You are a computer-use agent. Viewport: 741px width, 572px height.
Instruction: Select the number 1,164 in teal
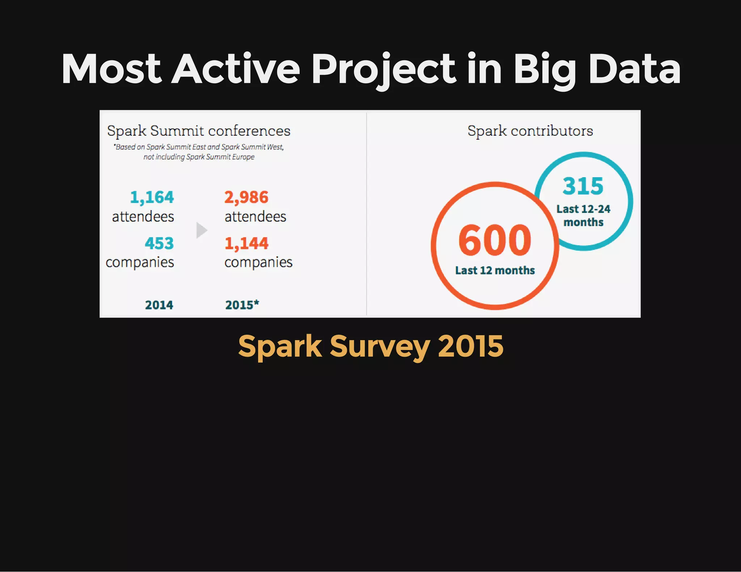point(152,197)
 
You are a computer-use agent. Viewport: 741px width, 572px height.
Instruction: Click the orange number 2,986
point(246,197)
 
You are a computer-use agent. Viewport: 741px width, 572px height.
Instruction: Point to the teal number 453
point(159,243)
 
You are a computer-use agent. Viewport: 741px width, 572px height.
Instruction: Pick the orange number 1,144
point(246,243)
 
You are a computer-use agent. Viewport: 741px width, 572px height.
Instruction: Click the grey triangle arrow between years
point(201,230)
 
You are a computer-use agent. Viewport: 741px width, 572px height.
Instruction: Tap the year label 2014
point(159,305)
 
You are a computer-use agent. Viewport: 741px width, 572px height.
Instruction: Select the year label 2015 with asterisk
point(242,305)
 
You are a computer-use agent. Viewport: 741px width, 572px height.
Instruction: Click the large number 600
point(495,240)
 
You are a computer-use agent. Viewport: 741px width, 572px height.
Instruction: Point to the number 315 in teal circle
point(583,186)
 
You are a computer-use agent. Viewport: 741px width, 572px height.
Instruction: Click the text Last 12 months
point(495,270)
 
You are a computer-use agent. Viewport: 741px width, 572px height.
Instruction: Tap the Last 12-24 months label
point(583,215)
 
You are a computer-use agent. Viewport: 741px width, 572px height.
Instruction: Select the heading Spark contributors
point(530,131)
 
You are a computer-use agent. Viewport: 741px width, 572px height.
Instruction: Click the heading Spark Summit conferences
point(199,131)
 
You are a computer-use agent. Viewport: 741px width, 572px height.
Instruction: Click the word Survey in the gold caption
point(380,346)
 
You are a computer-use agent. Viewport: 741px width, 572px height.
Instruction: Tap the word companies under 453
point(140,262)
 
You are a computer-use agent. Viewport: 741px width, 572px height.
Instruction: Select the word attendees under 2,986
point(255,217)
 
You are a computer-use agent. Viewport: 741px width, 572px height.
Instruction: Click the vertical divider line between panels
point(367,213)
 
